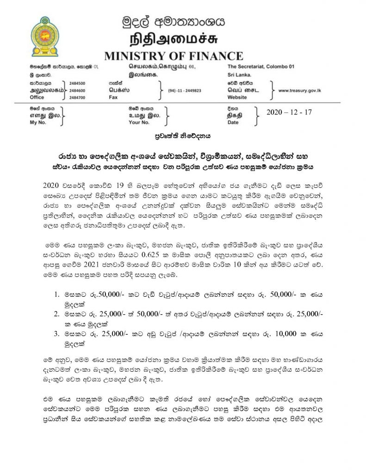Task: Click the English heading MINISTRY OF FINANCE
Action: [174, 56]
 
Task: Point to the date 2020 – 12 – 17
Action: [290, 111]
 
